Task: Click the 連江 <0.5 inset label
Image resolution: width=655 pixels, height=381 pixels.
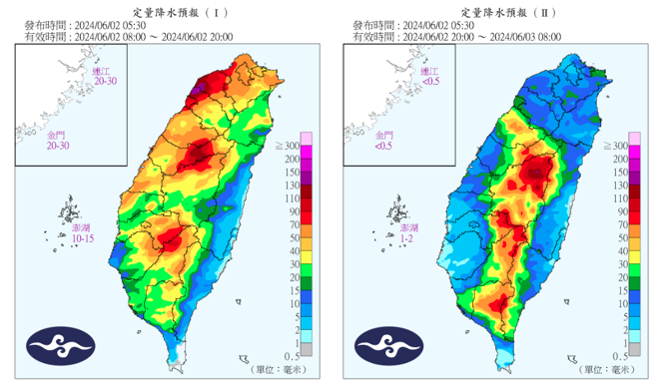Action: click(428, 76)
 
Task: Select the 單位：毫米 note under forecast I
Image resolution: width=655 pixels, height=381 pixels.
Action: click(270, 370)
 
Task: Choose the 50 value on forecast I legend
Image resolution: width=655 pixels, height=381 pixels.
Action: click(297, 238)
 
